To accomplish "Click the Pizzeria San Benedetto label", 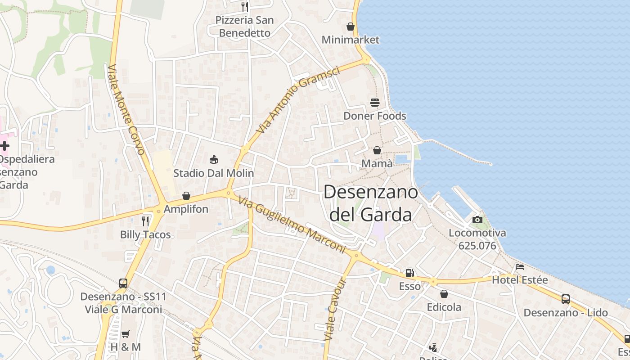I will point(245,27).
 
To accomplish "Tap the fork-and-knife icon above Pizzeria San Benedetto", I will point(245,6).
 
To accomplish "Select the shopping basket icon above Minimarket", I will point(351,27).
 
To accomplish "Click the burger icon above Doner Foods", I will point(375,103).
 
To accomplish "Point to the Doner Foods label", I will point(375,116).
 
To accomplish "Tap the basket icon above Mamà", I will point(377,150).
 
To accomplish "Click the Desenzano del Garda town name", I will point(371,203).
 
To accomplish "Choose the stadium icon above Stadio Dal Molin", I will point(214,160).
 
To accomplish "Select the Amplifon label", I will point(186,209).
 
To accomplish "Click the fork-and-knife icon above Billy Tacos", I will point(145,221).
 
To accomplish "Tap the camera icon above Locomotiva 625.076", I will point(477,220).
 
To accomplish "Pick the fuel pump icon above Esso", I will point(409,273).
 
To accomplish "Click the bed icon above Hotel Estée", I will point(520,267).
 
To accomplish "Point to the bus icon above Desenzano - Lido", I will point(566,299).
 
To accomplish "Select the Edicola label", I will point(444,307).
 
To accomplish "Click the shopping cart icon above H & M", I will point(126,334).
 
